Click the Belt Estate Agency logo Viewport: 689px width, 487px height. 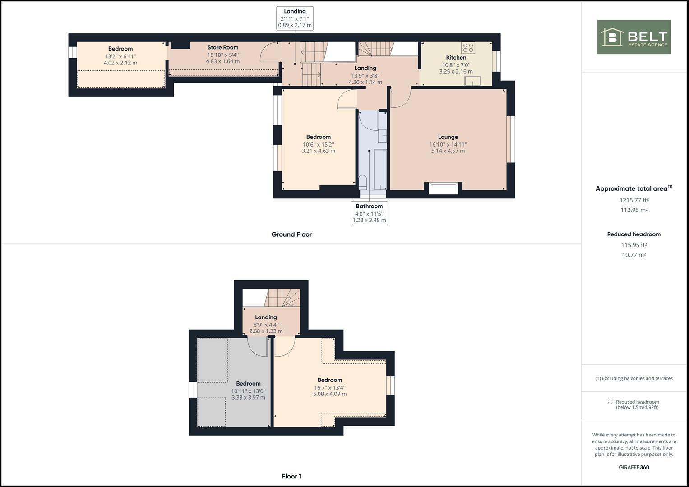(634, 37)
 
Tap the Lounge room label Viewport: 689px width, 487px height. (448, 137)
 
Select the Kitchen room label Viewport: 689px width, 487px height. (456, 58)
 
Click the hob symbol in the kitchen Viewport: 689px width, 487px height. (468, 48)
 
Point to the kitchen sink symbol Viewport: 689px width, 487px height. (473, 81)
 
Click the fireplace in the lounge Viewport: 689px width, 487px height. (443, 188)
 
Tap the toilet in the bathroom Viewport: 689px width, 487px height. (363, 182)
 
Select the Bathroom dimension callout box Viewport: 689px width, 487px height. (369, 213)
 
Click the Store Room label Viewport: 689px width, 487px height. (223, 47)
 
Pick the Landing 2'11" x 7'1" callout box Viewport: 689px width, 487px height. (295, 18)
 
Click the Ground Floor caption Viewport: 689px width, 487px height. (291, 234)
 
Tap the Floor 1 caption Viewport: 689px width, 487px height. (291, 476)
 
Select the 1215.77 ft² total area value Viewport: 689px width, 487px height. (634, 200)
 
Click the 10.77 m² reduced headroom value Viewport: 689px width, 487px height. (634, 255)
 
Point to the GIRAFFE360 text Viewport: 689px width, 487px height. (634, 467)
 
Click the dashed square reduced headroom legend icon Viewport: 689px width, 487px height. (610, 402)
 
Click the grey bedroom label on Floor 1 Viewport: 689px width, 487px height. (248, 384)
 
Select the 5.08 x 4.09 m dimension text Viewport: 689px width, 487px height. (330, 394)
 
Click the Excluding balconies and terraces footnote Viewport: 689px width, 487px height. (634, 378)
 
